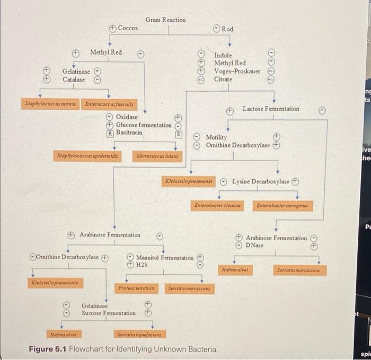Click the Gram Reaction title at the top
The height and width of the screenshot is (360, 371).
pos(165,20)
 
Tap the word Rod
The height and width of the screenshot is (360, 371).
pos(227,29)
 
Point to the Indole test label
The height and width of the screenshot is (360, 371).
pos(223,56)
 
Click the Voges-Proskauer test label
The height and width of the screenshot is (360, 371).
pos(237,71)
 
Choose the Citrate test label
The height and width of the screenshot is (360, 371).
pos(223,79)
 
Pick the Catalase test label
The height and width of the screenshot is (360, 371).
pos(74,80)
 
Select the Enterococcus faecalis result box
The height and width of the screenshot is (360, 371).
pos(109,104)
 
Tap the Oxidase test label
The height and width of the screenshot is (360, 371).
pos(127,117)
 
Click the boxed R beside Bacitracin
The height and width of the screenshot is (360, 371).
pos(110,133)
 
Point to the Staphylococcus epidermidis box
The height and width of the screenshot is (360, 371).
pos(88,156)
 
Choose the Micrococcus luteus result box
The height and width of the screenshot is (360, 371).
pos(155,156)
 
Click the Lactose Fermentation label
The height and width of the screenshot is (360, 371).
pos(270,109)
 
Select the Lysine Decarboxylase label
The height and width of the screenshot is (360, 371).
pos(261,181)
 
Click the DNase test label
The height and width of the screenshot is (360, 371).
pos(254,245)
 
